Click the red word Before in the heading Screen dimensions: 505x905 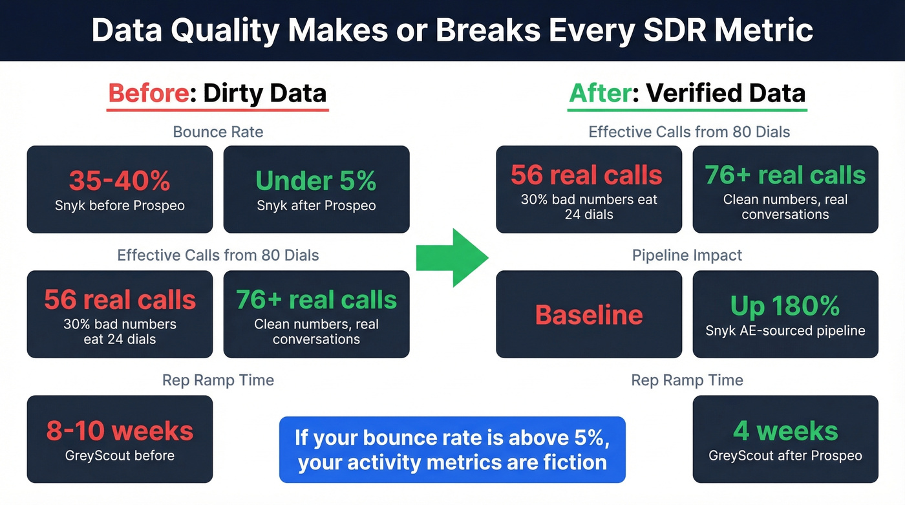click(147, 93)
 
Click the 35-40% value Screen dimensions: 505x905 click(120, 181)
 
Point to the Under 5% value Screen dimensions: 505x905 click(316, 181)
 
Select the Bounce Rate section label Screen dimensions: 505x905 click(218, 133)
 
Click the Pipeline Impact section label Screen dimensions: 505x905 click(687, 255)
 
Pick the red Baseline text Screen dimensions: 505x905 click(589, 315)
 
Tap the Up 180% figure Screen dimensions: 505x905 click(785, 306)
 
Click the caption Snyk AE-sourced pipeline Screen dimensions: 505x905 click(785, 330)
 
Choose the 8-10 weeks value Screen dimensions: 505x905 click(120, 431)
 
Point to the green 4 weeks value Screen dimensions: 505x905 click(785, 431)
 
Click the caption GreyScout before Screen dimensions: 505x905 click(120, 455)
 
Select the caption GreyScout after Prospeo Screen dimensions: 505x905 click(785, 455)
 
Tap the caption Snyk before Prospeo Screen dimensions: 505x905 click(120, 206)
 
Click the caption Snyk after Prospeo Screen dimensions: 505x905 click(316, 206)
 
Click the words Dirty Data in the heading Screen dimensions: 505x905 click(264, 93)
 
